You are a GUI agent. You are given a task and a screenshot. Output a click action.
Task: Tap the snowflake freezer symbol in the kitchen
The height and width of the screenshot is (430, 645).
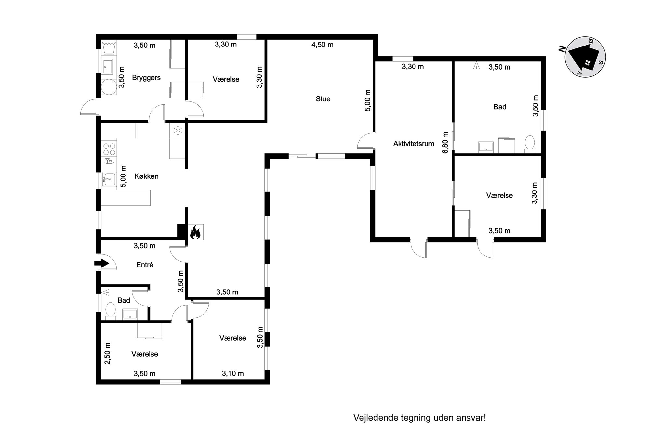tap(178, 131)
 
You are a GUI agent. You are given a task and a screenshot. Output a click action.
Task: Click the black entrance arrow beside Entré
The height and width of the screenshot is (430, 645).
tap(102, 263)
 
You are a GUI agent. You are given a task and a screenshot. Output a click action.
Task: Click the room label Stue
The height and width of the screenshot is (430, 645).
tap(323, 99)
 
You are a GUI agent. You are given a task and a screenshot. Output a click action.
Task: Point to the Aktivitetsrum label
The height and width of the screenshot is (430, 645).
tap(414, 144)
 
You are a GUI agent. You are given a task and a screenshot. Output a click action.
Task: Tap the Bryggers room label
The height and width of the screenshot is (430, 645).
tap(146, 78)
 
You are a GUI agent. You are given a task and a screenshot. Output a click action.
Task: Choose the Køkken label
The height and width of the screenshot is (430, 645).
tap(146, 176)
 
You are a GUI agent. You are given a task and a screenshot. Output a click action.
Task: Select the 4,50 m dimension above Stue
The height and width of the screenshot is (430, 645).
tap(322, 45)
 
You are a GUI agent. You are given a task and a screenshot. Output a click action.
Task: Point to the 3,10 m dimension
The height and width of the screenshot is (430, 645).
tap(233, 373)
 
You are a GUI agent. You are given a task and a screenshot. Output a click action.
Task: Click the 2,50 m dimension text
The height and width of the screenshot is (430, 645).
tap(107, 353)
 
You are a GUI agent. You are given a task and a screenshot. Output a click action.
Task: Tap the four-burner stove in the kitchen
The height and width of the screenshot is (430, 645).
tap(109, 149)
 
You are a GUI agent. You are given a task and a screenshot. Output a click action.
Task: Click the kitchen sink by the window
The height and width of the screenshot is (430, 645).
tap(109, 179)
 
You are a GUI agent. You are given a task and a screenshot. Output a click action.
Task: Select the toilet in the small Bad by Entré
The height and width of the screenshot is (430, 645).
tap(111, 311)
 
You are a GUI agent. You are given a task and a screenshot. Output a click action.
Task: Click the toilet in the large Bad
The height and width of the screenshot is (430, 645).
tap(530, 144)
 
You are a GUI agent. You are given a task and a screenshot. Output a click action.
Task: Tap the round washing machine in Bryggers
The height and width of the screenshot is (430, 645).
tap(109, 87)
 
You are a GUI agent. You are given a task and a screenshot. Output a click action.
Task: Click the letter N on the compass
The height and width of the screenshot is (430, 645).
tap(561, 49)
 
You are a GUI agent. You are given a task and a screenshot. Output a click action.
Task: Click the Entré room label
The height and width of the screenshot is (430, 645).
tap(145, 265)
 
